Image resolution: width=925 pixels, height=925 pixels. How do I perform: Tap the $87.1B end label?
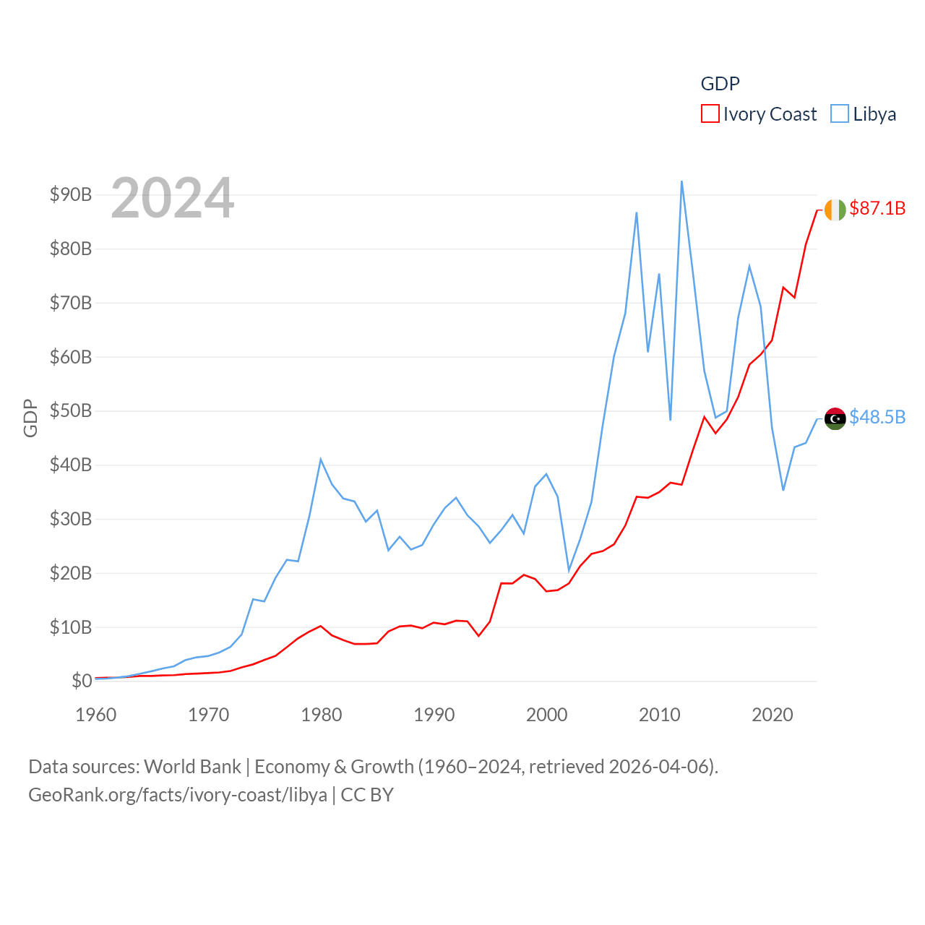click(877, 208)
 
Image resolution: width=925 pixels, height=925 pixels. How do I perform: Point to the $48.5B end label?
click(877, 417)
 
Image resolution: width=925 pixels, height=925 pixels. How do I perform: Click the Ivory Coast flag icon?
click(835, 210)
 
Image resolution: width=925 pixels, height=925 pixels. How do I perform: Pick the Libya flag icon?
click(835, 418)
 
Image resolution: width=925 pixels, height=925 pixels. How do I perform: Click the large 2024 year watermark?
click(172, 197)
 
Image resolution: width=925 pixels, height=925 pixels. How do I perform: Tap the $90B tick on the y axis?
click(71, 194)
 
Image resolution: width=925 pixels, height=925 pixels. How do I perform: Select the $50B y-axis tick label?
click(71, 410)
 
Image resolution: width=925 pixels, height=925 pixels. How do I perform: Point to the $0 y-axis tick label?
click(82, 681)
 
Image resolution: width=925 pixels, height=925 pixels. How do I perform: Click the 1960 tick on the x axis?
click(95, 715)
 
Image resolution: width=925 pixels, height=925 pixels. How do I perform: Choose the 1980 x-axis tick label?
click(321, 715)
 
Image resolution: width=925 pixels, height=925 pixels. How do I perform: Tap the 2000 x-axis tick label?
click(546, 715)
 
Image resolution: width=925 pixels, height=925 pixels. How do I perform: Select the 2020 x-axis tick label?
click(772, 715)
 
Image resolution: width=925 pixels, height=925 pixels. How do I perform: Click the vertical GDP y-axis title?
click(30, 418)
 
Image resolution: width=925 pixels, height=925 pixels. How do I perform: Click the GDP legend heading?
click(720, 84)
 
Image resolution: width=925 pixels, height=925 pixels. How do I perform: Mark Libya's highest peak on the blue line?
click(681, 181)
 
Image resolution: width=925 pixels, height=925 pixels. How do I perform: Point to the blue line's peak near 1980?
click(320, 459)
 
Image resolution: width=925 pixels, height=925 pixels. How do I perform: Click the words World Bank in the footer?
click(192, 766)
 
